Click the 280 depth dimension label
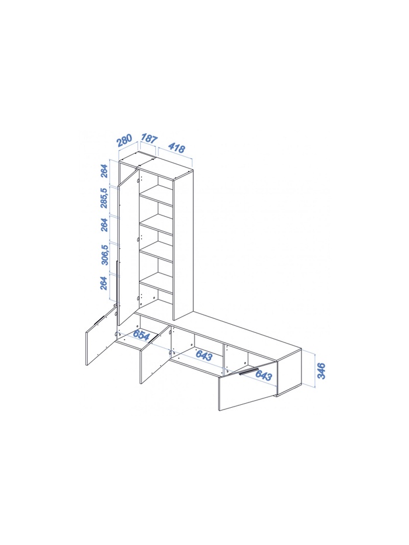click(124, 140)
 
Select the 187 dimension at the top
click(149, 138)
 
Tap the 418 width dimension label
click(176, 148)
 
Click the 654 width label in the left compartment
click(141, 335)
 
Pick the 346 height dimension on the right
click(321, 370)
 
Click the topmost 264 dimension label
click(105, 171)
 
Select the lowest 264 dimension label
click(104, 283)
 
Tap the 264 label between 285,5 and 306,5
click(104, 225)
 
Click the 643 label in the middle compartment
click(204, 355)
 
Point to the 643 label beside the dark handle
click(264, 375)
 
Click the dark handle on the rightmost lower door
click(249, 371)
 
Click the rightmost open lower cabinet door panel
click(248, 387)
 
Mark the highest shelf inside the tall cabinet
click(156, 195)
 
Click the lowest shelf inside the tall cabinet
click(156, 283)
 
